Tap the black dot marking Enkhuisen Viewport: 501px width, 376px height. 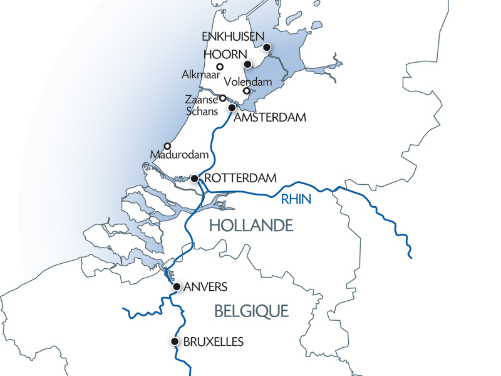pyautogui.click(x=267, y=47)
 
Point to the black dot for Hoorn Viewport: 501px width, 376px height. pyautogui.click(x=248, y=65)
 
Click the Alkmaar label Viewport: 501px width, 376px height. pyautogui.click(x=199, y=75)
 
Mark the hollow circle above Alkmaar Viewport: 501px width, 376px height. pyautogui.click(x=220, y=67)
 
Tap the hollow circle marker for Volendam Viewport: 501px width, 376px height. pyautogui.click(x=246, y=91)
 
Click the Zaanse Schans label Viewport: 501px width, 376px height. pyautogui.click(x=202, y=105)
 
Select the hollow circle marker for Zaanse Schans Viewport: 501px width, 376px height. pyautogui.click(x=222, y=98)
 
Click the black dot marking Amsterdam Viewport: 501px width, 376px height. pyautogui.click(x=232, y=108)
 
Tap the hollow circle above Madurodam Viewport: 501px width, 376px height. pyautogui.click(x=167, y=146)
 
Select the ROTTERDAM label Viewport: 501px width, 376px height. pyautogui.click(x=240, y=178)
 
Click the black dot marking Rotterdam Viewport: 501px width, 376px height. pyautogui.click(x=195, y=179)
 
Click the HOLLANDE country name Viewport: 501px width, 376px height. pyautogui.click(x=251, y=225)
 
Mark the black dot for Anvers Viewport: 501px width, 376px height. pyautogui.click(x=177, y=287)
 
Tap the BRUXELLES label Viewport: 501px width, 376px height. pyautogui.click(x=213, y=342)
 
